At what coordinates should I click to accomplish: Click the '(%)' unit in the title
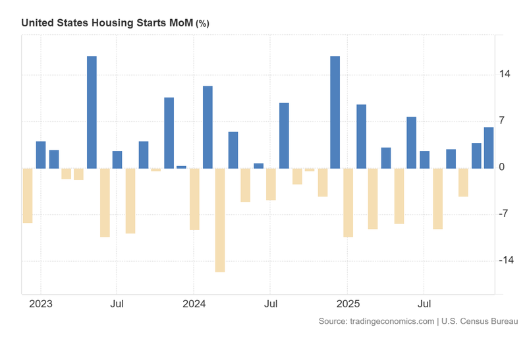click(x=202, y=23)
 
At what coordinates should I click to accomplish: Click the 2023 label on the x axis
click(x=41, y=305)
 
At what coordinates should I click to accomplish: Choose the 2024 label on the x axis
click(x=194, y=305)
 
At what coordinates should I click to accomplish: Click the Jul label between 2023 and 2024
click(x=117, y=305)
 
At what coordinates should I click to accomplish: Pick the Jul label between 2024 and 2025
click(x=271, y=305)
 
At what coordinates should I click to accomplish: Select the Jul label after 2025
click(x=425, y=305)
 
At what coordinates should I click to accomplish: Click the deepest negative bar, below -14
click(x=220, y=220)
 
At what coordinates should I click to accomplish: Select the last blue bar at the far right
click(x=489, y=148)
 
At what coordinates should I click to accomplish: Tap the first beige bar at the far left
click(x=28, y=195)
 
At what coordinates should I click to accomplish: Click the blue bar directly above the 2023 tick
click(x=41, y=155)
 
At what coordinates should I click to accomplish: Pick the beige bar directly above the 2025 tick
click(x=348, y=202)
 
